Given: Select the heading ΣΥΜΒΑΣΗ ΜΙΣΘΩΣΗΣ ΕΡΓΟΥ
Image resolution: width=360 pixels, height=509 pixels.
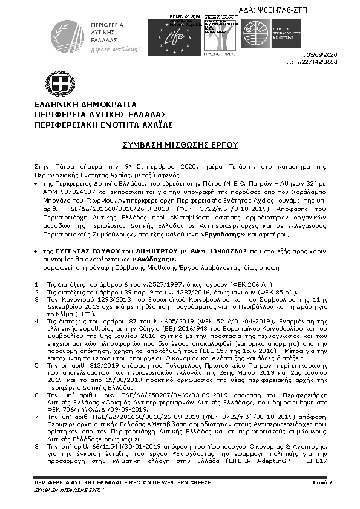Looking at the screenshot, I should [180, 145].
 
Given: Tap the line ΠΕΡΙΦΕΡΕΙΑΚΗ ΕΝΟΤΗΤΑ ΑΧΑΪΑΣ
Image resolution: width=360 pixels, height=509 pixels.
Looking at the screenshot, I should [103, 124].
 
